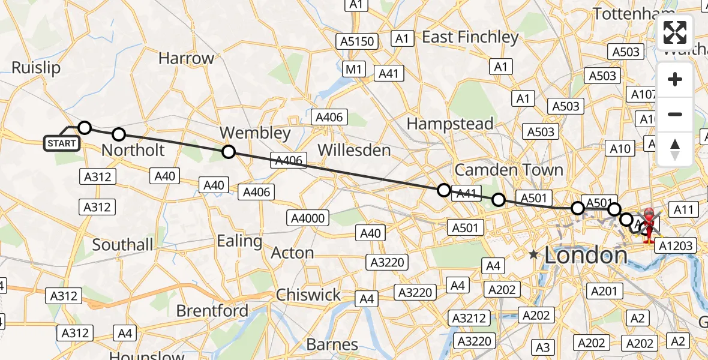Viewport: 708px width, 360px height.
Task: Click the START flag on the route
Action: coord(62,143)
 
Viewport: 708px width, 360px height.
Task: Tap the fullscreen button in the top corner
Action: coord(675,32)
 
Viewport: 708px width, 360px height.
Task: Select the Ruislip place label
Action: coord(36,68)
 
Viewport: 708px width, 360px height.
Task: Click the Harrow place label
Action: coord(186,58)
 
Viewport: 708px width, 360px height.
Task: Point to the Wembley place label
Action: coord(255,133)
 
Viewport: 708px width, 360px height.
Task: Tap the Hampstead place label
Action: coord(450,124)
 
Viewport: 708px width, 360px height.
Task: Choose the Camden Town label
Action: coord(509,170)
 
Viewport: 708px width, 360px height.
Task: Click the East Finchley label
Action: coord(470,37)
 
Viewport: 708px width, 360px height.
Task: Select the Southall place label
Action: coord(122,245)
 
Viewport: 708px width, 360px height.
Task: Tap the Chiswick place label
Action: coord(308,295)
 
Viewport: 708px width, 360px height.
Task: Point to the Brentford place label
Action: coord(212,311)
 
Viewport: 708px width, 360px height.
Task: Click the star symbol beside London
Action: coord(533,255)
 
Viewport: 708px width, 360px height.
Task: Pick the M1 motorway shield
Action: coord(354,70)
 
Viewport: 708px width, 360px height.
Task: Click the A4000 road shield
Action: coord(307,217)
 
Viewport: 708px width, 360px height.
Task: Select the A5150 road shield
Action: coord(358,41)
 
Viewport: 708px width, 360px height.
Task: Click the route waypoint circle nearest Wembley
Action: coord(228,152)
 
